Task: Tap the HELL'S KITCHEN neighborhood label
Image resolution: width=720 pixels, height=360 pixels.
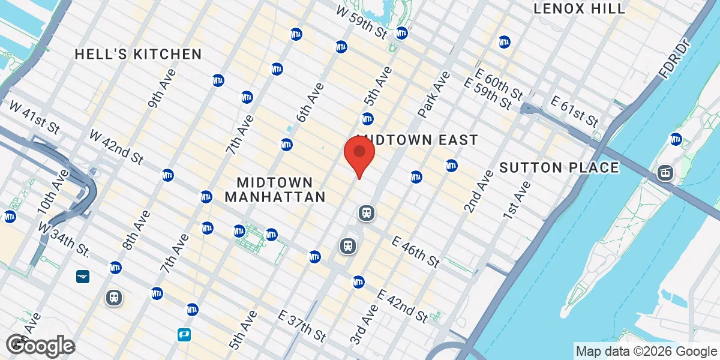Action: coord(138,54)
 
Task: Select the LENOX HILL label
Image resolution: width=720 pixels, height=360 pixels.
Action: coord(580,8)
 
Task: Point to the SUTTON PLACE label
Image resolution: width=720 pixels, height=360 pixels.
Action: coord(559,167)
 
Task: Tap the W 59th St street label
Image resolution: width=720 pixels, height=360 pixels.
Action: coord(362,21)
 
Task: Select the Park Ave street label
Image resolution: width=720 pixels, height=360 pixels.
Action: coord(434,94)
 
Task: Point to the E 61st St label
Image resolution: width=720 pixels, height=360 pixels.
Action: coord(571,112)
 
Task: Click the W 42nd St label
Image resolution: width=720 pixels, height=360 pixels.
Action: coord(116,147)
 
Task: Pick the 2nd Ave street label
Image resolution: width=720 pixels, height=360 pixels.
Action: coord(478,191)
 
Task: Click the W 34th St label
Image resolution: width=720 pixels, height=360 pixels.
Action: coord(64,239)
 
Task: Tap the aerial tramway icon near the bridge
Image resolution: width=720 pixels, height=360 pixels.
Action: coord(665,173)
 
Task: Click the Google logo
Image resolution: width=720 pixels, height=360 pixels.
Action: coord(41,345)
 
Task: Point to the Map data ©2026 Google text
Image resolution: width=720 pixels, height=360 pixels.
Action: coord(646,351)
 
